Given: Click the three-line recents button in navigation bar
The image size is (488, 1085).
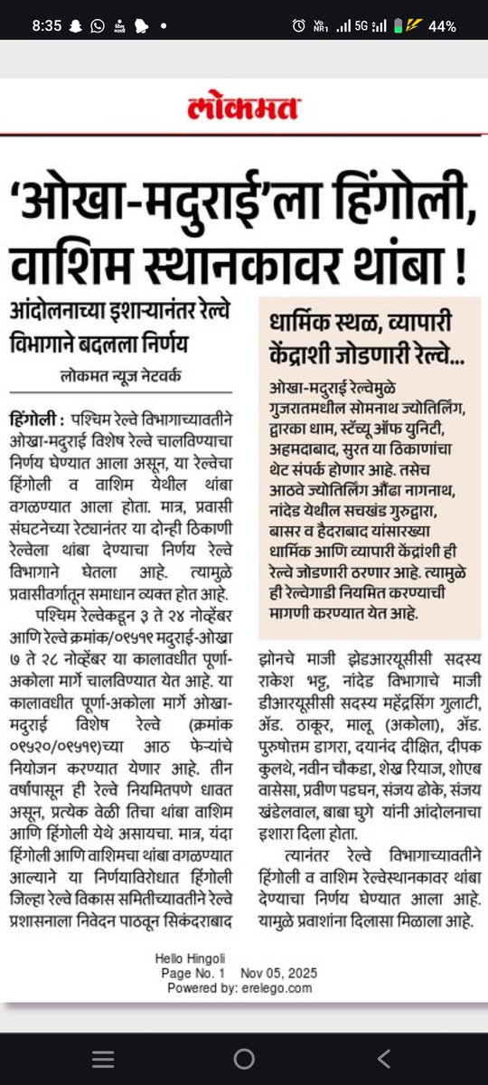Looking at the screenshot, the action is pos(104,1058).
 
